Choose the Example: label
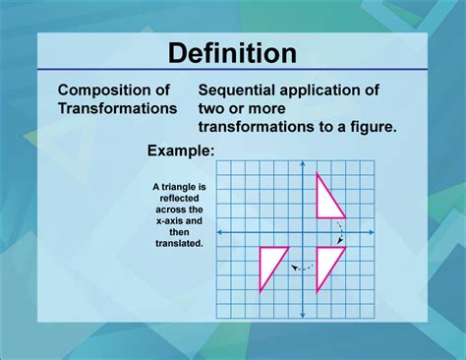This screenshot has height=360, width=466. pos(181,150)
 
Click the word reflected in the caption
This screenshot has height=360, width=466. pos(178,197)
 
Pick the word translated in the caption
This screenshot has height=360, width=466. pos(178,243)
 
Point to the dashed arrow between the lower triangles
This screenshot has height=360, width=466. pos(302,266)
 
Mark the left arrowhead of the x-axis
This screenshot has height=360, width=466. pos(219,232)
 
